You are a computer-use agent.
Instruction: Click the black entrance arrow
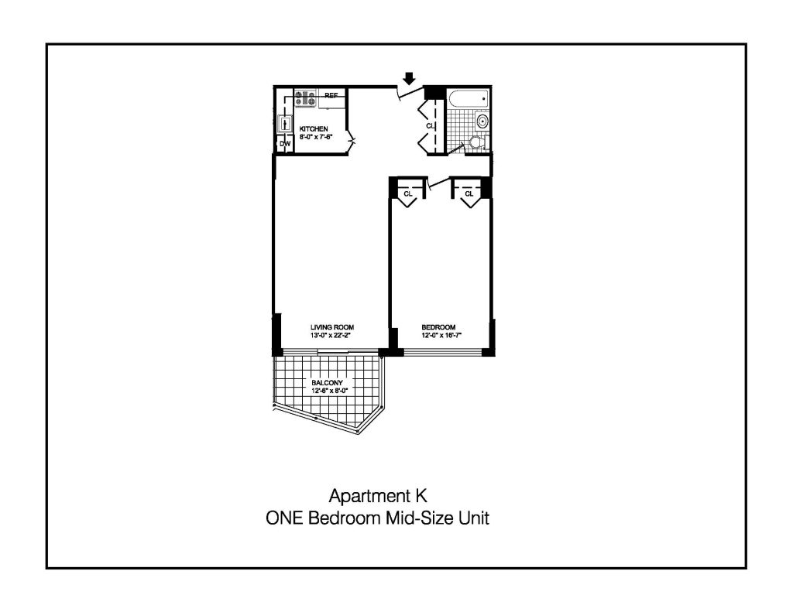coord(409,78)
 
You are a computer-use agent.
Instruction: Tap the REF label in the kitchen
coord(331,95)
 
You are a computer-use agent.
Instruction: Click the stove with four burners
coord(305,97)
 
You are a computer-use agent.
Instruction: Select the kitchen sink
coord(285,123)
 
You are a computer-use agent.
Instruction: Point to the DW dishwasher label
coord(285,144)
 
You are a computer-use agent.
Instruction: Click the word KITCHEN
coord(314,129)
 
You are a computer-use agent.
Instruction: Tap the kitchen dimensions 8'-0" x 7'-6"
coord(316,136)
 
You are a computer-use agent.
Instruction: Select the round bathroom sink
coord(482,121)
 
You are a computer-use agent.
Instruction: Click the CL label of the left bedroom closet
coord(408,194)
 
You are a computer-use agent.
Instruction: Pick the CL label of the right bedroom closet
coord(469,194)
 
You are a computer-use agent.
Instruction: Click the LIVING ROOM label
coord(332,327)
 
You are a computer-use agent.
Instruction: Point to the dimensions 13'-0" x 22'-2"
coord(331,335)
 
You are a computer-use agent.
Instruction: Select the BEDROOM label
coord(438,327)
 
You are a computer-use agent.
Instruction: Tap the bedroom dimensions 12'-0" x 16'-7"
coord(442,335)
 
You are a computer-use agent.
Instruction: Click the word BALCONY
coord(328,383)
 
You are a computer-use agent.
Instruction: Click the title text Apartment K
coord(378,496)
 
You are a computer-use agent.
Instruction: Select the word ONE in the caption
coord(283,518)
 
